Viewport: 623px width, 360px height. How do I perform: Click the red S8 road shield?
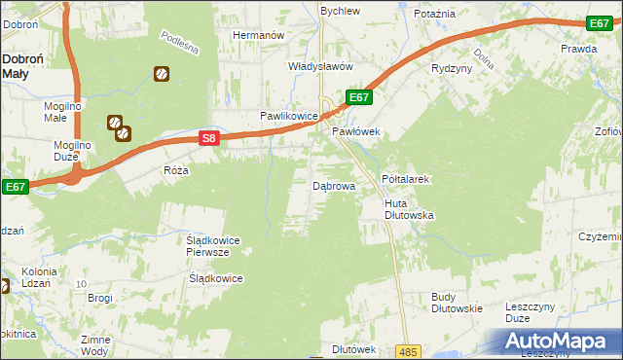tap(209, 139)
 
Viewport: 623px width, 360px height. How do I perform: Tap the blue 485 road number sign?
tap(409, 351)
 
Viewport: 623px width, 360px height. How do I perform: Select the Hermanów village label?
tap(257, 35)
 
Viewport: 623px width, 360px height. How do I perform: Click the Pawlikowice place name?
tap(289, 116)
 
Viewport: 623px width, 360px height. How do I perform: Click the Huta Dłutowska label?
tap(409, 208)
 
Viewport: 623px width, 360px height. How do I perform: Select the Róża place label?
tap(176, 169)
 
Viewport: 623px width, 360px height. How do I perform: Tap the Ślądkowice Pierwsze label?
tap(213, 245)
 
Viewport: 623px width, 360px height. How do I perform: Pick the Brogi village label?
tap(100, 298)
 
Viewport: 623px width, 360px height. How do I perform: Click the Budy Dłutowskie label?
tap(458, 303)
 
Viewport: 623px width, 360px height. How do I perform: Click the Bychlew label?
tap(341, 11)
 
